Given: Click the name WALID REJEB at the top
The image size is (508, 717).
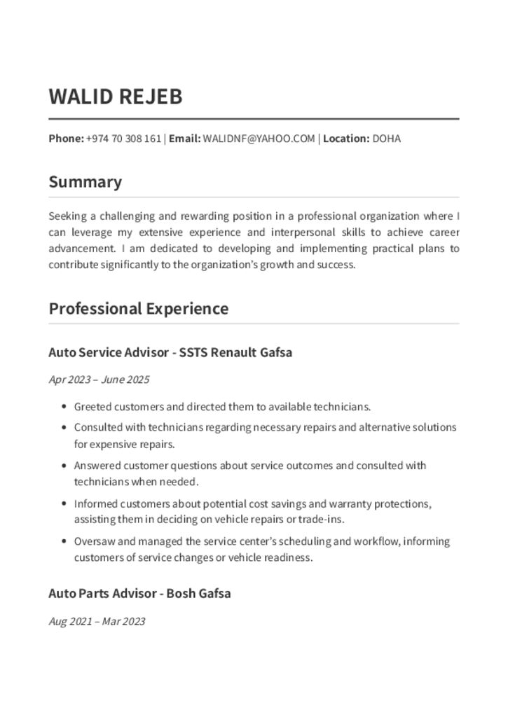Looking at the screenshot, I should [115, 97].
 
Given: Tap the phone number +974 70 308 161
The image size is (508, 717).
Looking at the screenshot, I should [123, 139].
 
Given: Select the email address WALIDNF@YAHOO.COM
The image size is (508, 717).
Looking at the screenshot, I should [259, 139].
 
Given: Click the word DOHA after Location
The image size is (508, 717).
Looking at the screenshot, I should [386, 139].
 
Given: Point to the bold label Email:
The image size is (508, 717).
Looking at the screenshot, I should [184, 139].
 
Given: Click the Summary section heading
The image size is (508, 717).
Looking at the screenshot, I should [85, 182].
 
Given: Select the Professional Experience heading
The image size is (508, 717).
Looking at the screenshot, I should [138, 309].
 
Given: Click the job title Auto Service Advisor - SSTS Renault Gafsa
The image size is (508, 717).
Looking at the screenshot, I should [170, 353].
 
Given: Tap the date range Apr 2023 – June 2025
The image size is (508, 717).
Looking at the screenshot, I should [99, 380].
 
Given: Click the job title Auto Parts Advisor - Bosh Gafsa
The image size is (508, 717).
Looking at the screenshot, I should [139, 594].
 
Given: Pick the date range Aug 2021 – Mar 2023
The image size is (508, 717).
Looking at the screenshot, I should [97, 621].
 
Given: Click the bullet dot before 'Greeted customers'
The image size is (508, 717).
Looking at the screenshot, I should [64, 407].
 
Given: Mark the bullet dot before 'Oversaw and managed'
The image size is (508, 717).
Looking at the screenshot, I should [64, 541].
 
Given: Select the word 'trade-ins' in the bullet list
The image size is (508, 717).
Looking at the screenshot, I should [320, 520].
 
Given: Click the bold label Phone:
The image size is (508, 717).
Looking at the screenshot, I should [66, 139].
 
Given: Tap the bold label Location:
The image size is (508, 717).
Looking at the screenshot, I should [346, 139].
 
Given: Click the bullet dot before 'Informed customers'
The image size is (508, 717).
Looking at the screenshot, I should [64, 503].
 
